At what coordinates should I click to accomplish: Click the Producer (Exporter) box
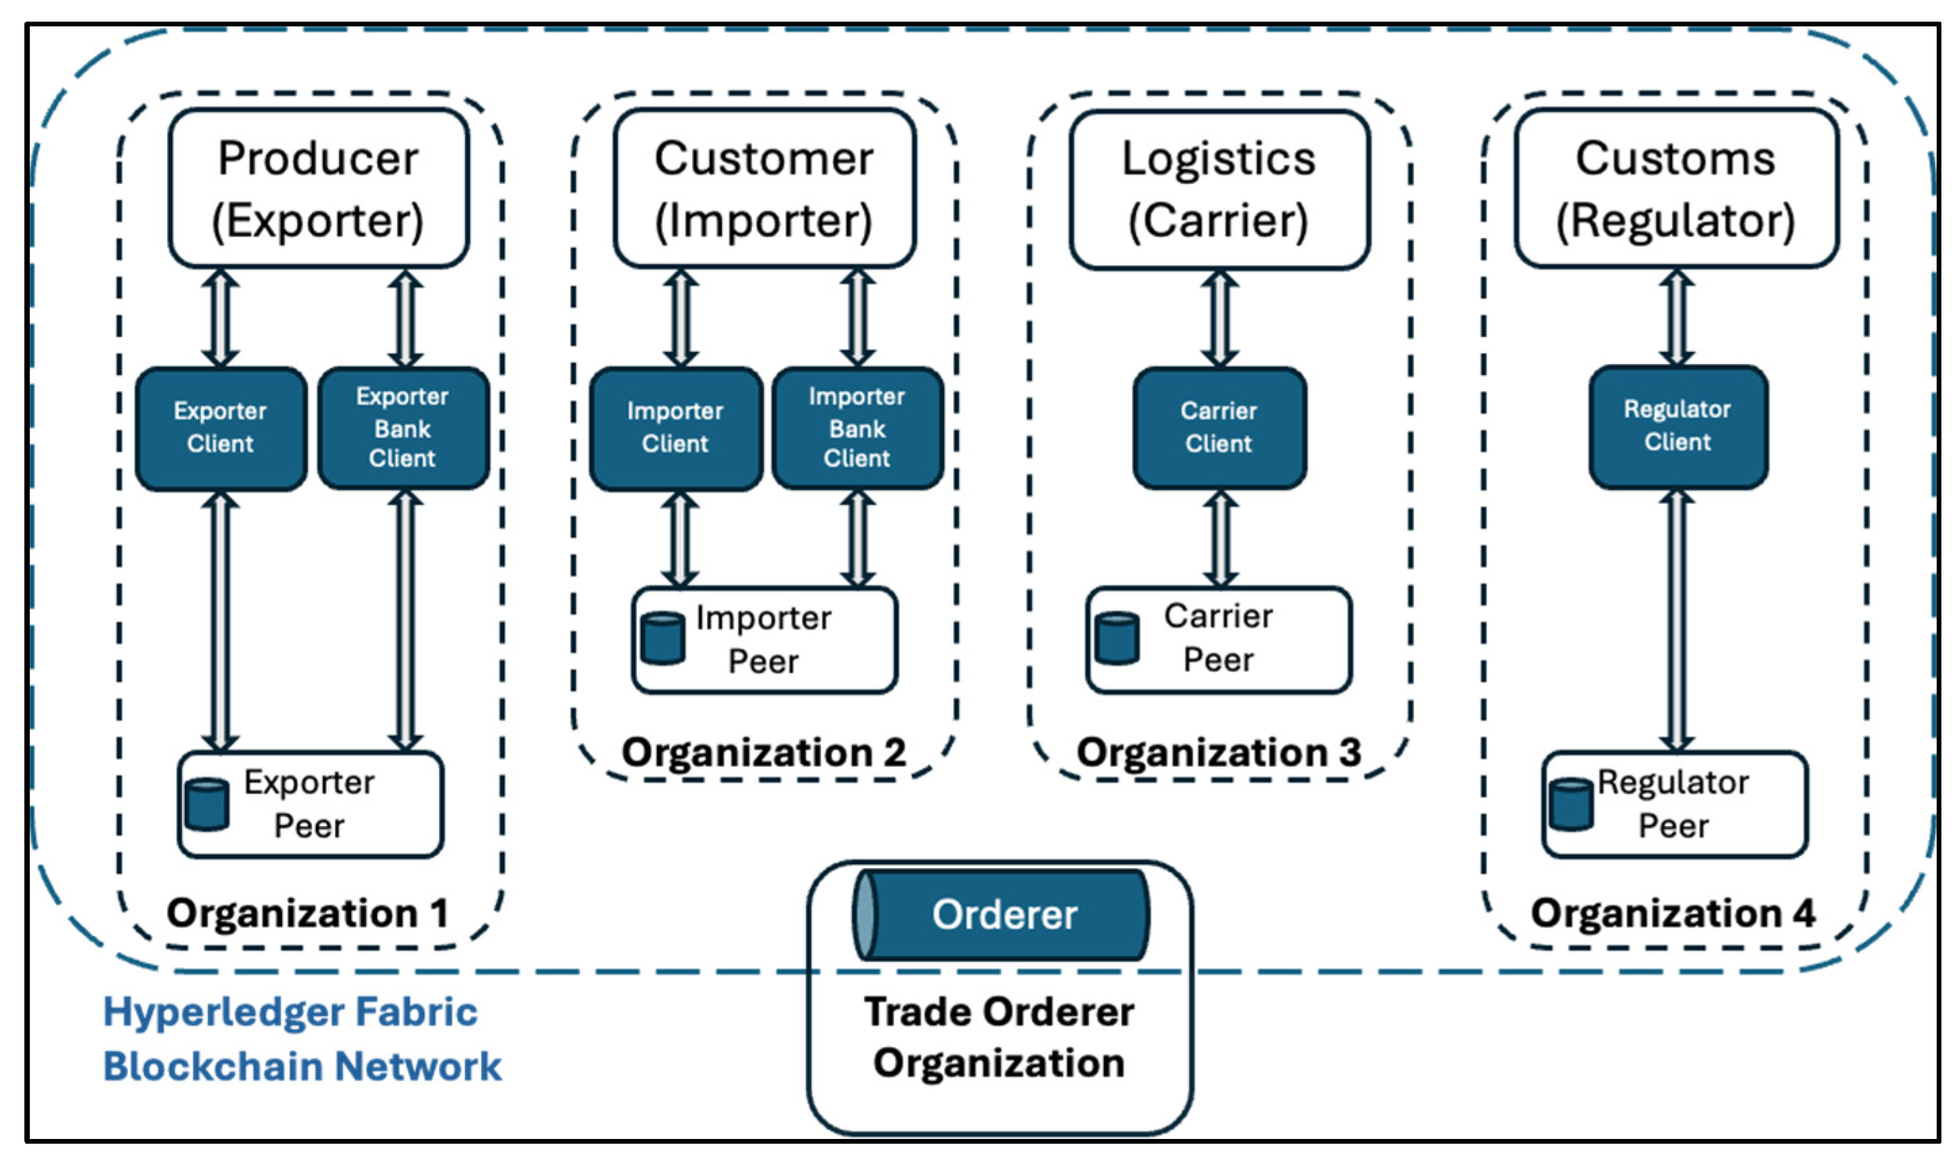[x=319, y=188]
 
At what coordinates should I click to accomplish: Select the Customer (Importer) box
[x=764, y=188]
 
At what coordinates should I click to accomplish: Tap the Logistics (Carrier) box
[x=1219, y=189]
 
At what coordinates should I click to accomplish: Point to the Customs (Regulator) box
[x=1676, y=188]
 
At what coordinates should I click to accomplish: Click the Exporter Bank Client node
[x=403, y=428]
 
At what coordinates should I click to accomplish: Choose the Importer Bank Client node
[x=857, y=428]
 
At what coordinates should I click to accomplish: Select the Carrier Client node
[x=1219, y=428]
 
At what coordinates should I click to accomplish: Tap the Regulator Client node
[x=1677, y=426]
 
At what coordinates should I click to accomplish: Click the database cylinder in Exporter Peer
[x=207, y=804]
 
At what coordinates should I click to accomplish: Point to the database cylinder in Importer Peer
[x=662, y=640]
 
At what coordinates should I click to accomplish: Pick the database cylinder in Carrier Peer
[x=1117, y=637]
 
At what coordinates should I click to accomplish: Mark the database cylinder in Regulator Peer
[x=1571, y=804]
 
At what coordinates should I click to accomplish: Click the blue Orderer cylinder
[x=1001, y=914]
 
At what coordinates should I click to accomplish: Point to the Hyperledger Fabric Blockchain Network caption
[x=302, y=1039]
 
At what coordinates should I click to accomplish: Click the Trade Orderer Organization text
[x=999, y=1037]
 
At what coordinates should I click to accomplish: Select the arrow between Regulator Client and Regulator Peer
[x=1676, y=620]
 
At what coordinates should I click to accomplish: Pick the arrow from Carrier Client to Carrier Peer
[x=1220, y=538]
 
